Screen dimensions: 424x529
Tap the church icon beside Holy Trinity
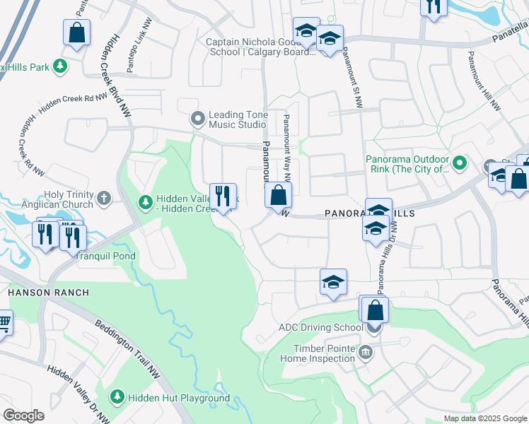click(104, 197)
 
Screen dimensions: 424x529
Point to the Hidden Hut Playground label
click(179, 399)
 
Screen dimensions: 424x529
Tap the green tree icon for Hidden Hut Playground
click(118, 399)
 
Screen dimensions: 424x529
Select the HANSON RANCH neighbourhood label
click(48, 292)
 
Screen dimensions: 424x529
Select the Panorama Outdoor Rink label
click(407, 164)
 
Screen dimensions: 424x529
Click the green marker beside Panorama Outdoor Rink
click(459, 164)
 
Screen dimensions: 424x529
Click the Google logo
click(23, 416)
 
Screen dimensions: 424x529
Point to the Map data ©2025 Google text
click(484, 418)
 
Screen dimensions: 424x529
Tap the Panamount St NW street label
click(351, 78)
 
